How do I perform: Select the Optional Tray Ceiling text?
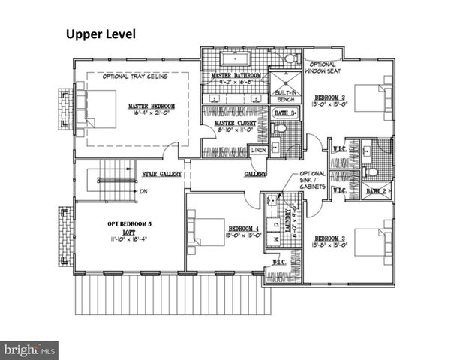click(136, 76)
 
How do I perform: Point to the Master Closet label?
click(235, 123)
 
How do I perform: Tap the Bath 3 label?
click(286, 112)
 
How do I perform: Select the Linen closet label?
click(258, 150)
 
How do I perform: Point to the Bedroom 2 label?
click(329, 97)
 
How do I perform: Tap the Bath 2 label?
click(376, 191)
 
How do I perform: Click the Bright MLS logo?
click(30, 349)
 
